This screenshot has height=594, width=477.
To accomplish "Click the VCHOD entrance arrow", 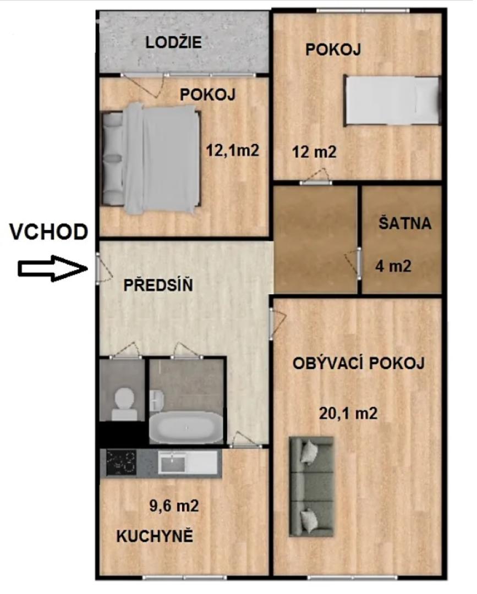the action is (53, 268).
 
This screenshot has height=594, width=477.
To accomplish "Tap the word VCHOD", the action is (49, 232).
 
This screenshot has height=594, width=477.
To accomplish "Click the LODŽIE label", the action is (173, 42).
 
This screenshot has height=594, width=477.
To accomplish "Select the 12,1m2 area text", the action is (232, 150).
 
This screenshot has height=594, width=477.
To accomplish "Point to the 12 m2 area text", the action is (314, 152).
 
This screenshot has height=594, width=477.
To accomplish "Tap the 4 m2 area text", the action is (393, 266).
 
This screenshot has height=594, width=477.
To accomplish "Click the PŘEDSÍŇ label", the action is (158, 284).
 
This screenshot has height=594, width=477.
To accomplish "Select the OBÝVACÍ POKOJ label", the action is (358, 363).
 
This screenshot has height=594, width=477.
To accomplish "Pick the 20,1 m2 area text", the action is (348, 413).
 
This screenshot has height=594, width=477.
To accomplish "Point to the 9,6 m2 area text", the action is (174, 505).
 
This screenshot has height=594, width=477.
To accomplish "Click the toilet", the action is (124, 404).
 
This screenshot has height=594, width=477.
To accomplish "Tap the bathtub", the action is (186, 428).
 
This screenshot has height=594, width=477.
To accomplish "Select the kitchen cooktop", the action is (121, 462).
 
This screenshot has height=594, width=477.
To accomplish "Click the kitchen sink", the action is (172, 462).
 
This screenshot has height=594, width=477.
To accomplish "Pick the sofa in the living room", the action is (311, 486).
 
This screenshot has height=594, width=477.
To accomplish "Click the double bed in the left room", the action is (151, 158).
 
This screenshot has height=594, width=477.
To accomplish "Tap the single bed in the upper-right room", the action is (392, 100).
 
